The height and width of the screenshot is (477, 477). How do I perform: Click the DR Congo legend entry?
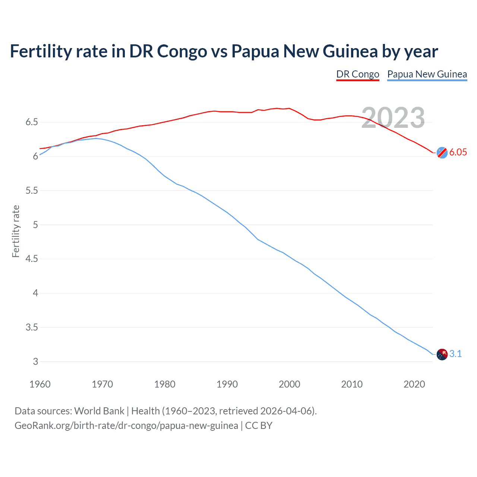pos(357,74)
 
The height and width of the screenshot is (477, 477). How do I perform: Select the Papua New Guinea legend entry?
pos(427,74)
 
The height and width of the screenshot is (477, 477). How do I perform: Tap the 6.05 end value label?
pos(458,152)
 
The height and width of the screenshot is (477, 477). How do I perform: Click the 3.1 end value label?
pos(455,354)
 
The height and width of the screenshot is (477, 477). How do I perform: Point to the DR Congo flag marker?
pos(442,152)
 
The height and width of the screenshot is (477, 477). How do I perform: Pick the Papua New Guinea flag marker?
pos(442,354)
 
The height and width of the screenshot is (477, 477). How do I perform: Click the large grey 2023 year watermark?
pos(393,118)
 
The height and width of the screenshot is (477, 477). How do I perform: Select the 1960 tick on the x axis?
pos(40,384)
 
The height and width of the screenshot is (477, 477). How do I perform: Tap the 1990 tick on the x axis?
pos(227,384)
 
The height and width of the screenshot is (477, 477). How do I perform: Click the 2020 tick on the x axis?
pos(414,384)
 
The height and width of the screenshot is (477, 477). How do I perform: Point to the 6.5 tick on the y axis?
pos(32,122)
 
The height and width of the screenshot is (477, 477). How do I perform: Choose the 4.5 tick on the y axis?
pos(32,259)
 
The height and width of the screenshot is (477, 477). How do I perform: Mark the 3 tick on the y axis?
pos(35,361)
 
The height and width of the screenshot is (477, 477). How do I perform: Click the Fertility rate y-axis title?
pos(16,231)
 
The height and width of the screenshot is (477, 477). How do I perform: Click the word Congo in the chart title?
pos(182,51)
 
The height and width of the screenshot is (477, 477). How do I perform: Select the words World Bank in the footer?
pos(99,411)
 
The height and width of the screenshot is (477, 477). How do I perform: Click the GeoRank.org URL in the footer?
pos(126,426)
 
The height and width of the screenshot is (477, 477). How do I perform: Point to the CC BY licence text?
pos(259,426)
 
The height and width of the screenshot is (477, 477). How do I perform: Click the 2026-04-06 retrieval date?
pos(285,411)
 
